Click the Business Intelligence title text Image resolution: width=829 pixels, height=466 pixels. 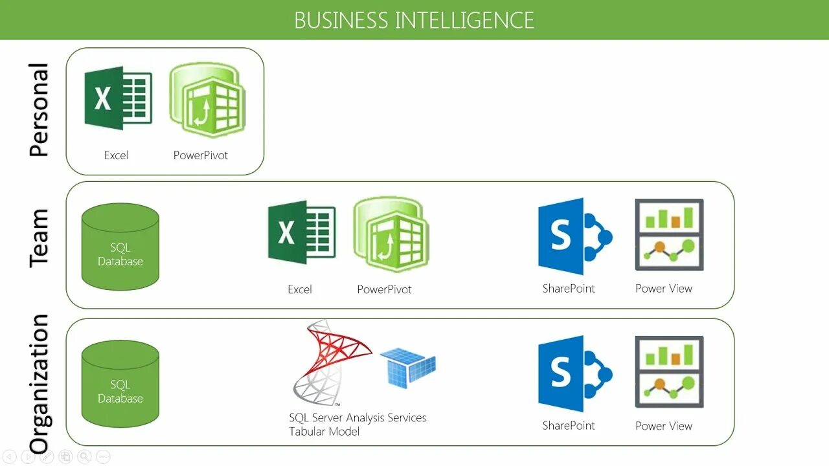[x=414, y=20]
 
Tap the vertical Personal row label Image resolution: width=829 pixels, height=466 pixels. [x=39, y=110]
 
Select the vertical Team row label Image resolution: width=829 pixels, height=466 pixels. [x=39, y=238]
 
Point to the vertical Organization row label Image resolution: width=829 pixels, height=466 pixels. [x=39, y=383]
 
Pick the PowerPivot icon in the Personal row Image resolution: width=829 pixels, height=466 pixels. [x=207, y=100]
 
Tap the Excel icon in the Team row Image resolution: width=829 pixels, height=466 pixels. [x=302, y=232]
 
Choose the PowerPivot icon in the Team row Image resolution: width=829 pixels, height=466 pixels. [x=391, y=234]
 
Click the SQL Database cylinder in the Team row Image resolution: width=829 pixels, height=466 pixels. [x=120, y=247]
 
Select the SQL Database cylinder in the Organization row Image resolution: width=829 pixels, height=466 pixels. [x=120, y=384]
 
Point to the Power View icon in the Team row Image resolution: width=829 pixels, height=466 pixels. [x=669, y=234]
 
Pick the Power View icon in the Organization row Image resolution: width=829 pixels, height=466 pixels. [x=669, y=372]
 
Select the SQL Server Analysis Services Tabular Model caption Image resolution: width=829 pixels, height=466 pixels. [x=358, y=425]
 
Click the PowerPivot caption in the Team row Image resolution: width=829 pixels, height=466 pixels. [x=384, y=289]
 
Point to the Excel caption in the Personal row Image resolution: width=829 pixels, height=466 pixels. [x=116, y=155]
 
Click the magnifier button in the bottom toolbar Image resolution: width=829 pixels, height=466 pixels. [x=84, y=457]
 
